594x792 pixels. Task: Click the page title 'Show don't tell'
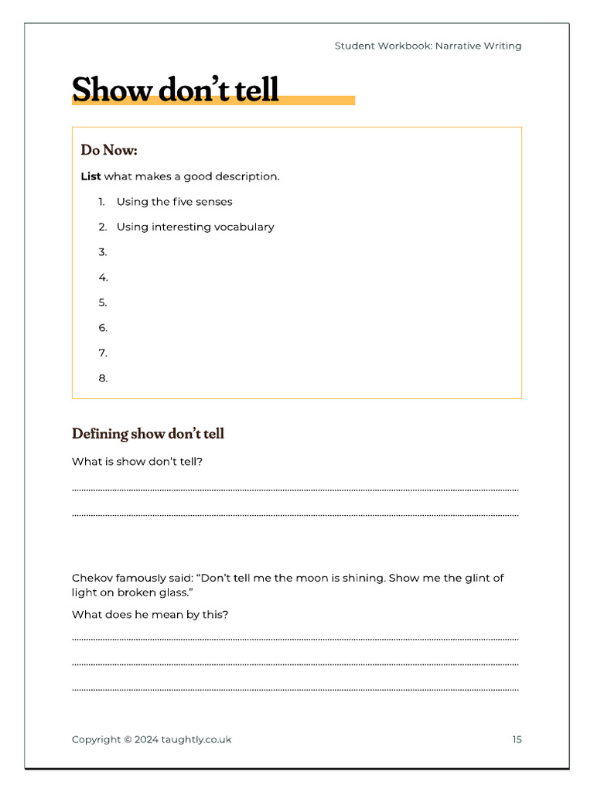click(x=175, y=90)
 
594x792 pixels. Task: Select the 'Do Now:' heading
click(x=109, y=150)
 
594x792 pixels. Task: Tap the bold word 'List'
click(x=90, y=176)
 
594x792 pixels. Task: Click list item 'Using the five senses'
click(x=174, y=202)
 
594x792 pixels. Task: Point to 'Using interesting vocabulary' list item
click(x=195, y=227)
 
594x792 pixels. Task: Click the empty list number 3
click(x=103, y=252)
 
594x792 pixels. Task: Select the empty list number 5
click(x=103, y=302)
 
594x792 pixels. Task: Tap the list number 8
click(x=103, y=378)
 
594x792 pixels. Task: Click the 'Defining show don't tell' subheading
click(x=148, y=434)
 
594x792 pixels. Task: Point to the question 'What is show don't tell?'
click(x=137, y=462)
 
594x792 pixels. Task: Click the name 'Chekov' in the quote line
click(x=92, y=578)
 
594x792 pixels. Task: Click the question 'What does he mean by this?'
click(x=150, y=615)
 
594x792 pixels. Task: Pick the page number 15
click(x=517, y=739)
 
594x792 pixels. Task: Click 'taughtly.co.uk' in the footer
click(x=196, y=739)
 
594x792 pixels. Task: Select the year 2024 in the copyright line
click(x=146, y=739)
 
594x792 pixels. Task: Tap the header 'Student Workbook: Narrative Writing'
click(x=428, y=46)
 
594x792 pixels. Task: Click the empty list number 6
click(x=103, y=328)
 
